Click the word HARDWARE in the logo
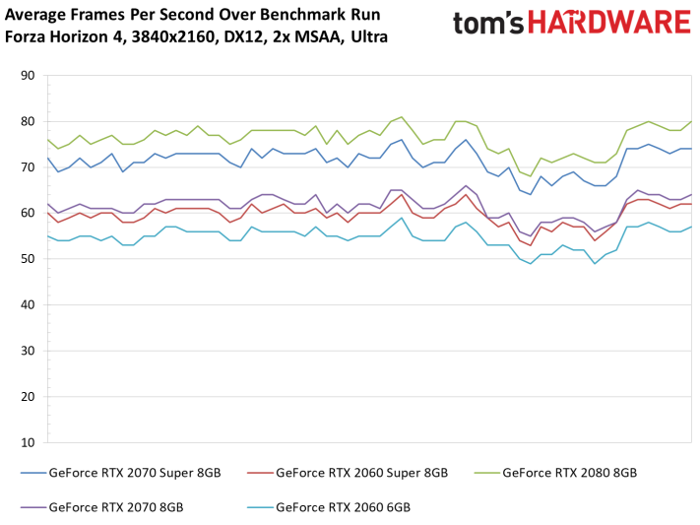tap(612, 24)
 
